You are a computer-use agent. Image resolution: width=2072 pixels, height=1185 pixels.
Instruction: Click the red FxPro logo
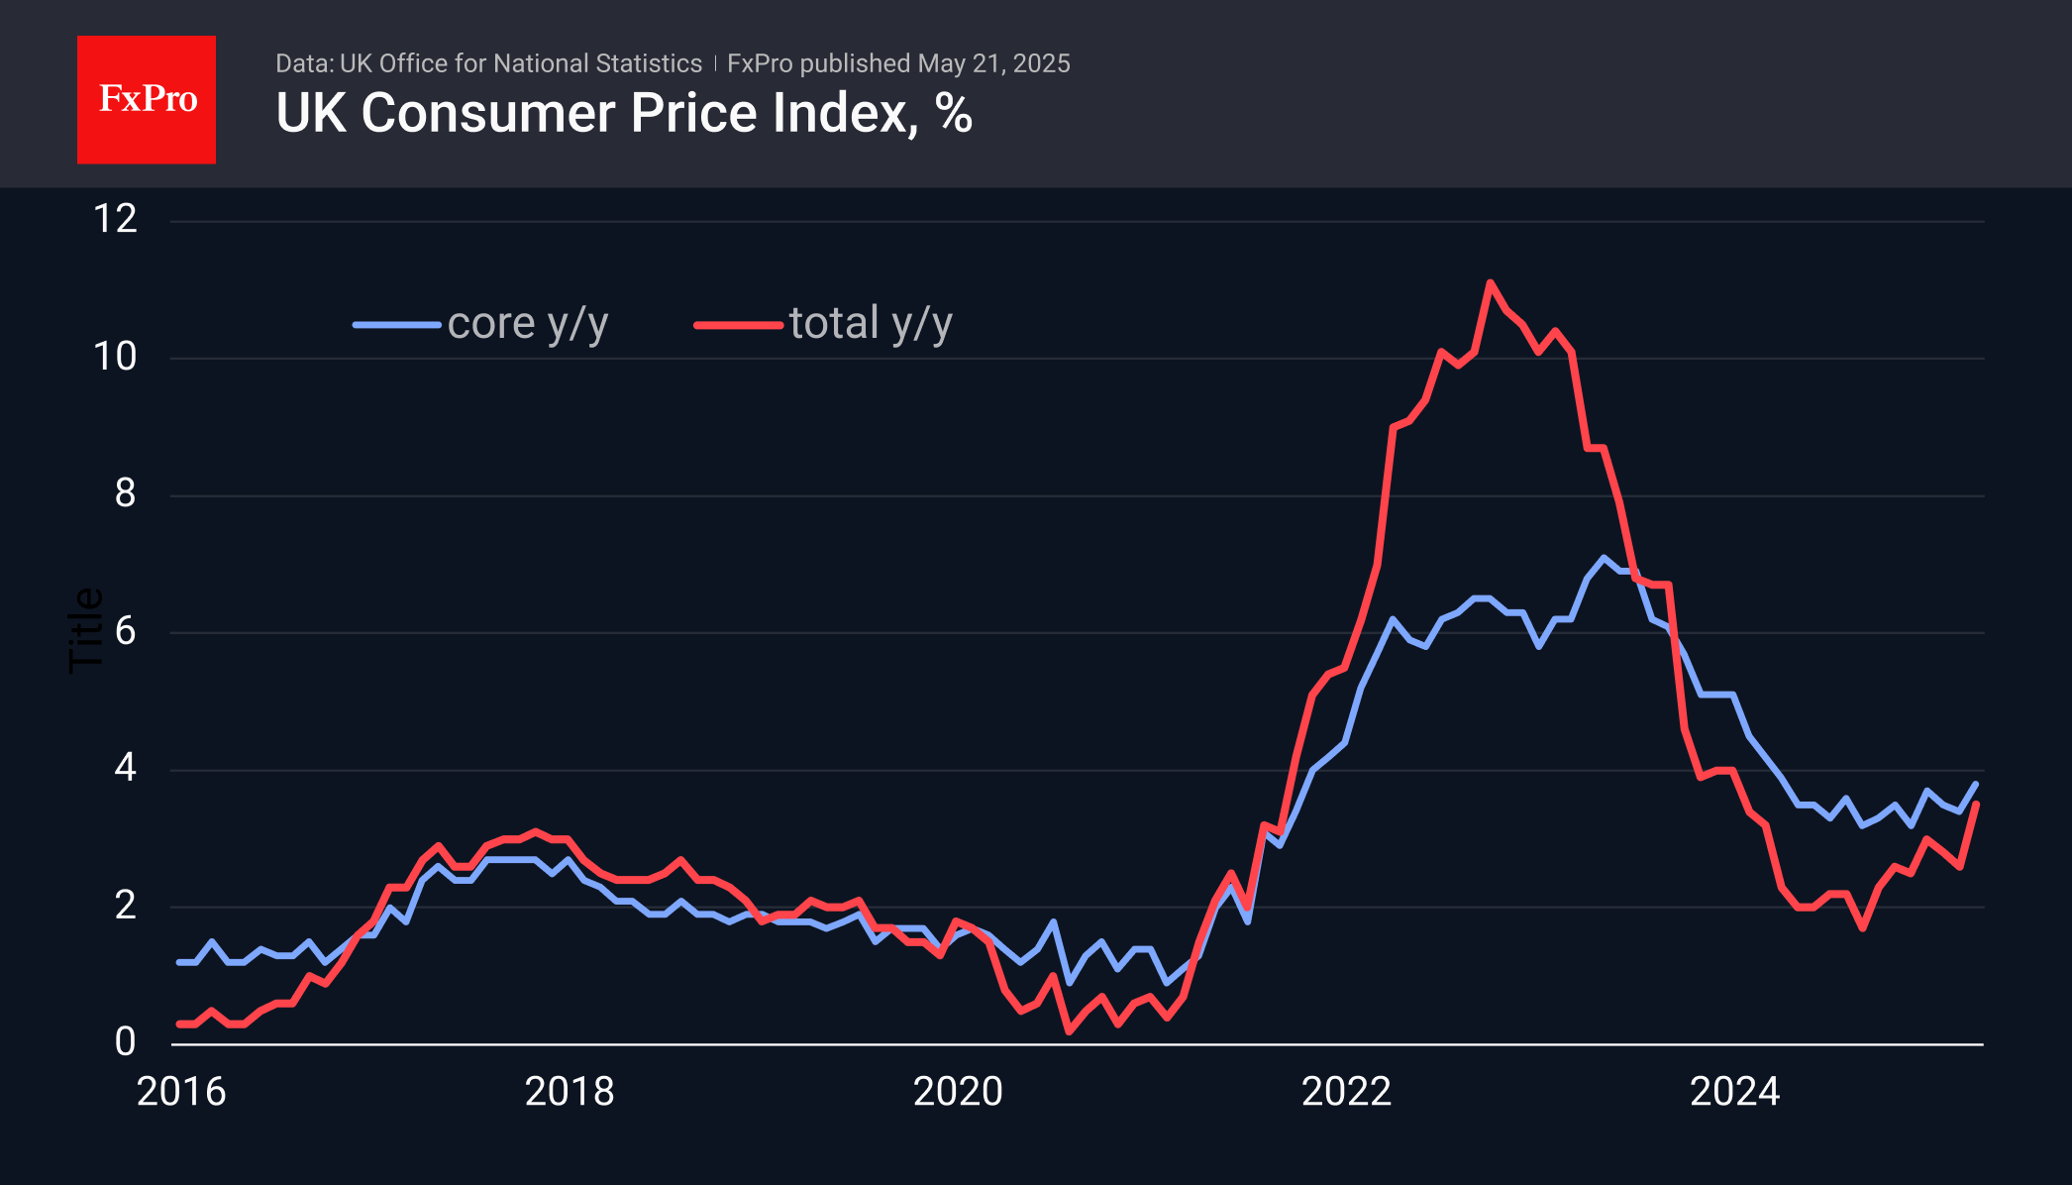147,100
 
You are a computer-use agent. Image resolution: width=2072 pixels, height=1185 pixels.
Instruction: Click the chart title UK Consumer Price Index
623,113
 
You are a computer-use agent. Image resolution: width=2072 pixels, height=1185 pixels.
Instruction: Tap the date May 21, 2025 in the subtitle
993,63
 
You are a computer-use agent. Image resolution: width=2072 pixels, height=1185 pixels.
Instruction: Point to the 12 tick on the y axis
115,219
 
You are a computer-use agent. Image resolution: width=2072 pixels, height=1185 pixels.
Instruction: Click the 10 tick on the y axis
115,357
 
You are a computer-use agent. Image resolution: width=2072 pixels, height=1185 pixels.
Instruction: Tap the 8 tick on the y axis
124,493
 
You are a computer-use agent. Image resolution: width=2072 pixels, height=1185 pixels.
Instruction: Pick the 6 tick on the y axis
125,631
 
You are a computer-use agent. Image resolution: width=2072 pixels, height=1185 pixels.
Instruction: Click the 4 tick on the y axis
125,768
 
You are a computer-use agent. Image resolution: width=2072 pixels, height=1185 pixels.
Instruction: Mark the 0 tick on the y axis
125,1042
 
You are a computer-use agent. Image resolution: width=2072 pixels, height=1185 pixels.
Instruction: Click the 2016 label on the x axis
181,1092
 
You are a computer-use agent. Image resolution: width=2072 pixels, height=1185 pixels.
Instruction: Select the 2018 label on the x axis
570,1092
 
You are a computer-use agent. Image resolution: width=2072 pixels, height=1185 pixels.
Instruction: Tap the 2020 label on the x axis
958,1092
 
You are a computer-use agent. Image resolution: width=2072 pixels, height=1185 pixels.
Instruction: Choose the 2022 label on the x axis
1346,1092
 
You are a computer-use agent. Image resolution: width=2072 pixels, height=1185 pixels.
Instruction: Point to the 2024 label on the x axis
1734,1092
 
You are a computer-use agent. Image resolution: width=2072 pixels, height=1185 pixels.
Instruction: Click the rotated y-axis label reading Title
85,630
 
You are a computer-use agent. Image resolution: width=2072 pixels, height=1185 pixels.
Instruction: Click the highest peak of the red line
1490,282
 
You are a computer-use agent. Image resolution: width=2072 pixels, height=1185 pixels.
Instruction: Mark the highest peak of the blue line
1604,558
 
